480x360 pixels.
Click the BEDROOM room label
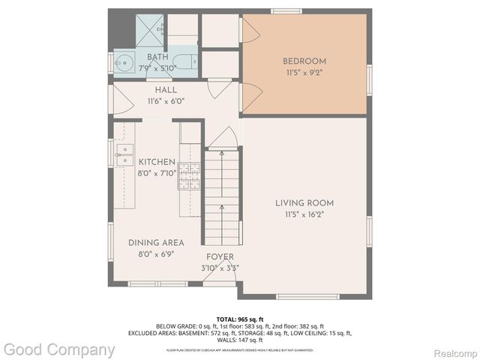tap(304, 61)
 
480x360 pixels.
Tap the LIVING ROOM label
tap(304, 203)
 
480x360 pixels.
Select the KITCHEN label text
tap(156, 162)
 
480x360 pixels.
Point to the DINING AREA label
tap(156, 242)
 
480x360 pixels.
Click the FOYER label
tap(220, 257)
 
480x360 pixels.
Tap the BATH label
tap(157, 58)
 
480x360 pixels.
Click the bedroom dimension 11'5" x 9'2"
tap(304, 73)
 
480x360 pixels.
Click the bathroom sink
tap(124, 61)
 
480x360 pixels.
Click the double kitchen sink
tap(123, 154)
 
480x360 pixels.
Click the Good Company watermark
tap(60, 349)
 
